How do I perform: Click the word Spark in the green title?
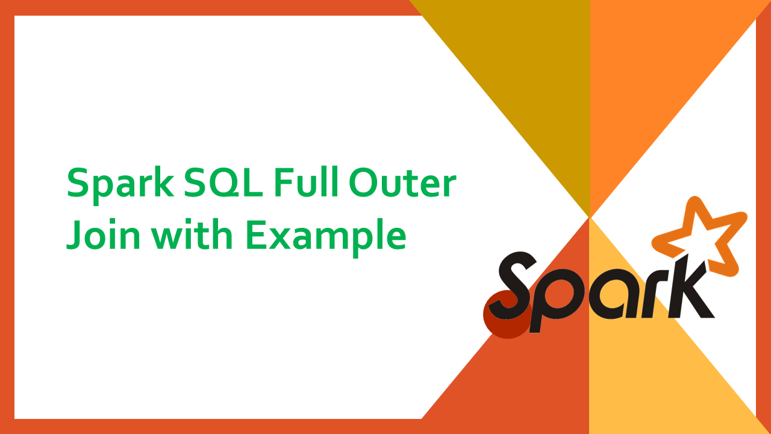tap(119, 184)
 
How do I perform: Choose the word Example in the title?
tap(325, 235)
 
